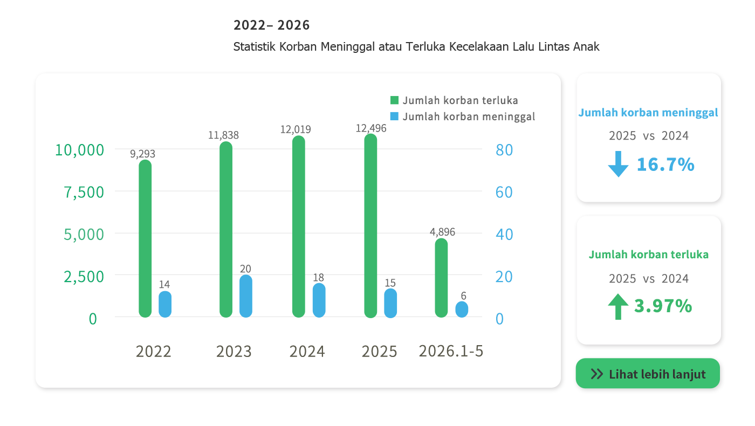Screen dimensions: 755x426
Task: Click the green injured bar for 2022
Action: [x=145, y=238]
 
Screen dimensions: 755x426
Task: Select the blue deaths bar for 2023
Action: [x=246, y=296]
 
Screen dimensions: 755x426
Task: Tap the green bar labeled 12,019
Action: [x=299, y=226]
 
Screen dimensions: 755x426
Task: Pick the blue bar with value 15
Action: [x=390, y=303]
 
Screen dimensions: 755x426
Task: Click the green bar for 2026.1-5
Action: [x=441, y=278]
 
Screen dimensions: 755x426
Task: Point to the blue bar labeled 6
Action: [x=462, y=310]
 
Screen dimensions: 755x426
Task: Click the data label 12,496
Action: [x=371, y=128]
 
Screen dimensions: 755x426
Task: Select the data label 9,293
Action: [x=142, y=154]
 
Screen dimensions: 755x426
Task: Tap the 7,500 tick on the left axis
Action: [x=84, y=192]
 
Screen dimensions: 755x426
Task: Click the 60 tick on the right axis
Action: [x=504, y=192]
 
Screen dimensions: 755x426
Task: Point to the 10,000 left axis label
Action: [x=80, y=150]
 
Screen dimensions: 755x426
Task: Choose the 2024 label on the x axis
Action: [x=307, y=352]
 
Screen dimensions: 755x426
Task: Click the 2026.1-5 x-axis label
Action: [x=451, y=351]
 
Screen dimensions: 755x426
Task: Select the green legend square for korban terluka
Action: [x=394, y=100]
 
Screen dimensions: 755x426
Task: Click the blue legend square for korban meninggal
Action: [x=394, y=116]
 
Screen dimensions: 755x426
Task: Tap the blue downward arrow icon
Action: [x=618, y=164]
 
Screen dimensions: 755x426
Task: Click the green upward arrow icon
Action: [x=618, y=306]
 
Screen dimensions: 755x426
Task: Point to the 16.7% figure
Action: [x=665, y=164]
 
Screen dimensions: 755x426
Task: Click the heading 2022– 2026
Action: [x=271, y=25]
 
